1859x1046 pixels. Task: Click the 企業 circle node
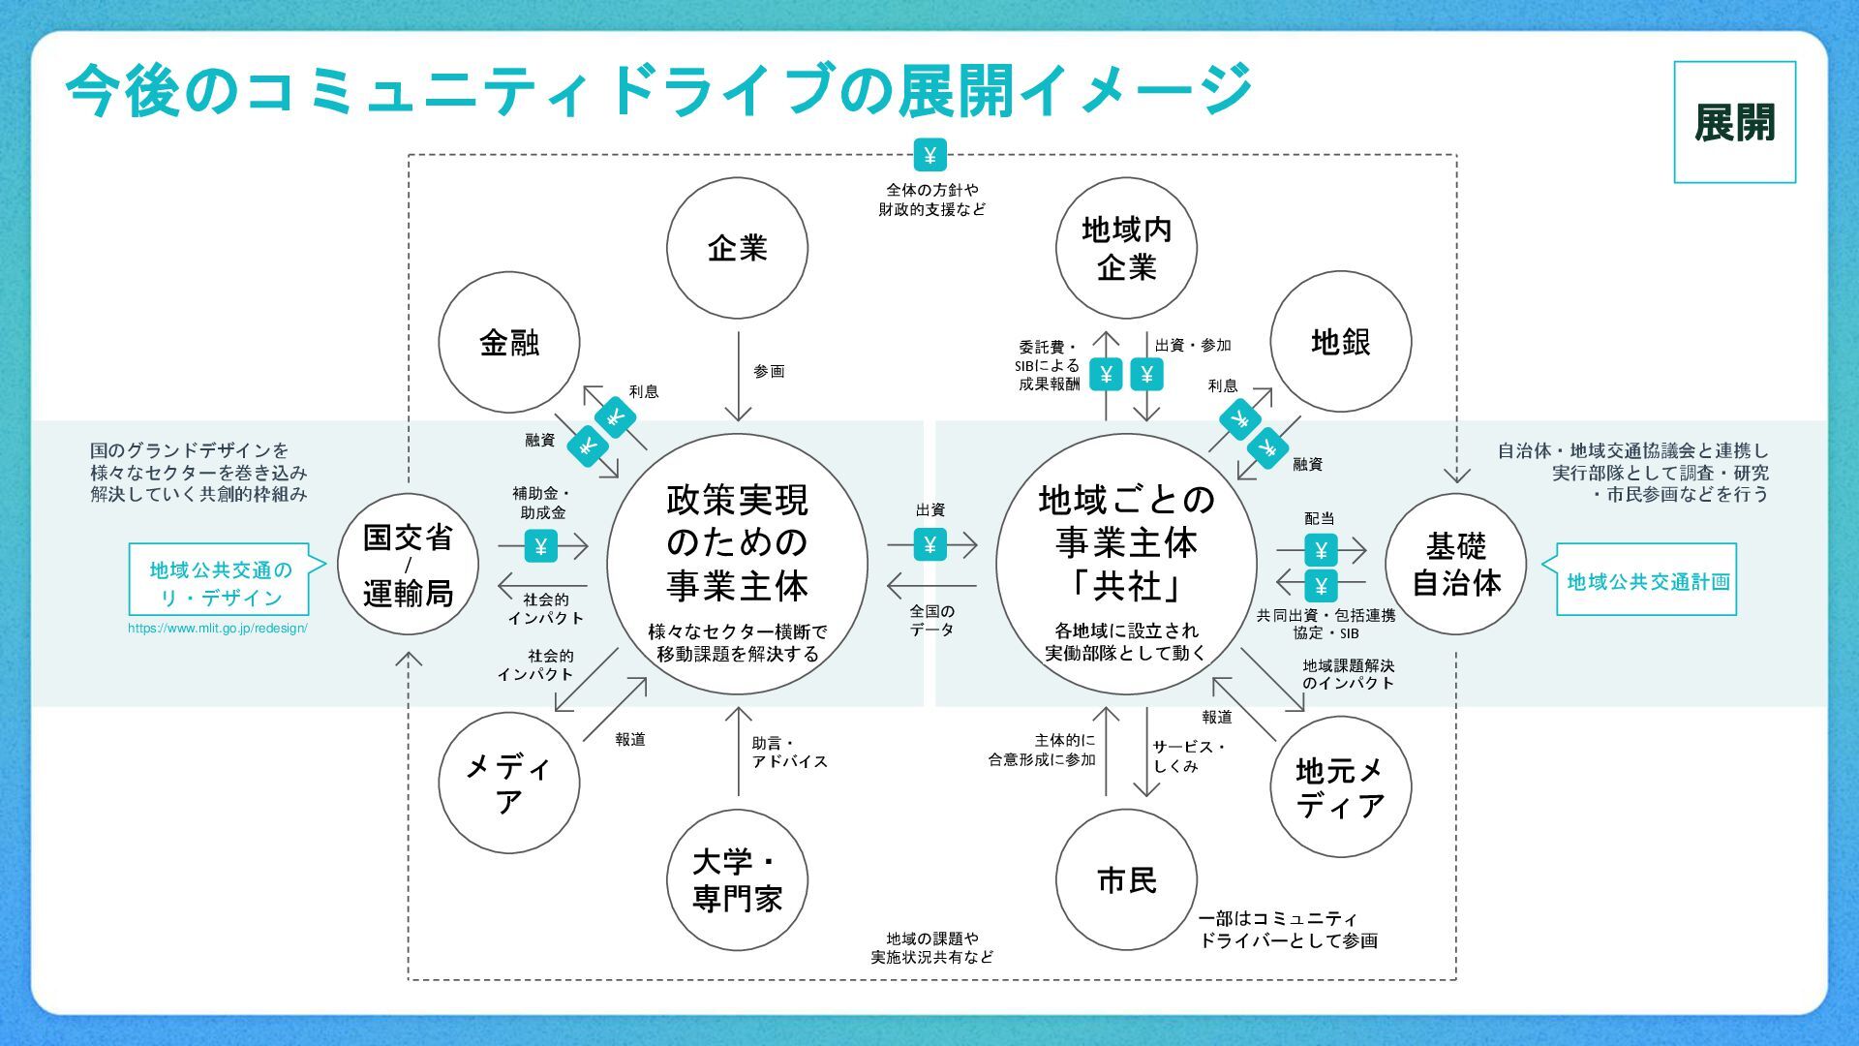[737, 248]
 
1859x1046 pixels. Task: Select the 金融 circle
[509, 342]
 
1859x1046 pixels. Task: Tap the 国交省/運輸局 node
[408, 565]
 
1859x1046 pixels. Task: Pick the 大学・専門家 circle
[737, 880]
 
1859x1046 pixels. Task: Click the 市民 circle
[1126, 880]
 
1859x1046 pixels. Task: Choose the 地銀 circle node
[1340, 342]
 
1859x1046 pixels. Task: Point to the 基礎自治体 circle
[1455, 565]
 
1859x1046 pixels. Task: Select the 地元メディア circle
[1340, 787]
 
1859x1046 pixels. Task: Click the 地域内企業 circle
[1126, 248]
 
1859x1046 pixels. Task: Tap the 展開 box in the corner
[1734, 122]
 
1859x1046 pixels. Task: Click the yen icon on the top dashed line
[929, 155]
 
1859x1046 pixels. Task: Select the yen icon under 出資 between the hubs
[929, 544]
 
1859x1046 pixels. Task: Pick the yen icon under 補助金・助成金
[540, 546]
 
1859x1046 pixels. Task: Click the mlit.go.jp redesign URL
[218, 629]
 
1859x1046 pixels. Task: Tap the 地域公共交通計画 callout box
[1647, 581]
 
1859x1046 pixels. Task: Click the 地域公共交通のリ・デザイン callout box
[220, 582]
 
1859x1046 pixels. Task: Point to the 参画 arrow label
[769, 372]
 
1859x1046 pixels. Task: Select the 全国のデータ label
[931, 620]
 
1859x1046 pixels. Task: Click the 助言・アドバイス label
[789, 753]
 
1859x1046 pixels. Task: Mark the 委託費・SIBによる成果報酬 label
[1048, 365]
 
